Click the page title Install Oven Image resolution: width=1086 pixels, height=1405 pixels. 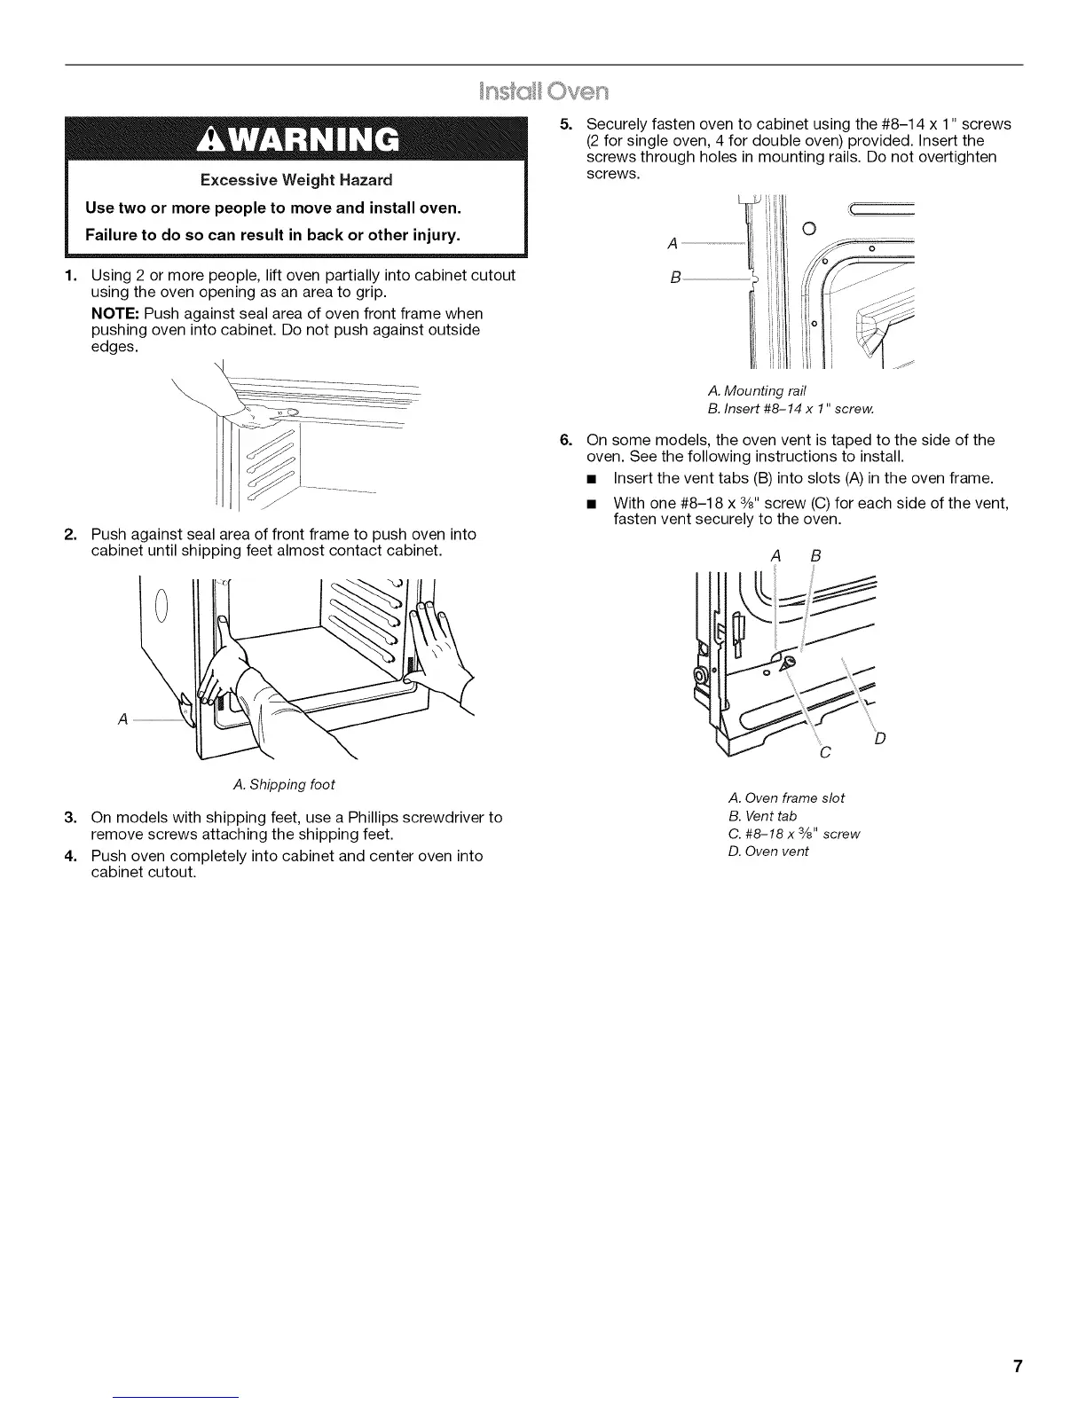(x=542, y=91)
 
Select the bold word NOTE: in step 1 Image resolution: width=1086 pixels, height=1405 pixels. (x=115, y=314)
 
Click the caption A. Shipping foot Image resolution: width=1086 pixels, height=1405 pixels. (x=283, y=785)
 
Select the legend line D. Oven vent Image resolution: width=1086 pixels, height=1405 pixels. (x=767, y=852)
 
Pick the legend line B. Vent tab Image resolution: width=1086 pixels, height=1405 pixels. (x=761, y=816)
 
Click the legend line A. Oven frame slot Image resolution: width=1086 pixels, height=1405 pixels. (x=785, y=798)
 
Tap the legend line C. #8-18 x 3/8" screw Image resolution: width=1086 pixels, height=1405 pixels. (x=793, y=834)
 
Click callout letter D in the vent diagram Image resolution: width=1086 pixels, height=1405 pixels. (x=880, y=738)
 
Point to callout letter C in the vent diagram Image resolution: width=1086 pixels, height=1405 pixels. (x=825, y=754)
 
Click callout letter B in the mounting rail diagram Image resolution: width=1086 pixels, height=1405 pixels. (x=675, y=279)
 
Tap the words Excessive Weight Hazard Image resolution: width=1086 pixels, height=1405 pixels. (x=295, y=180)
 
